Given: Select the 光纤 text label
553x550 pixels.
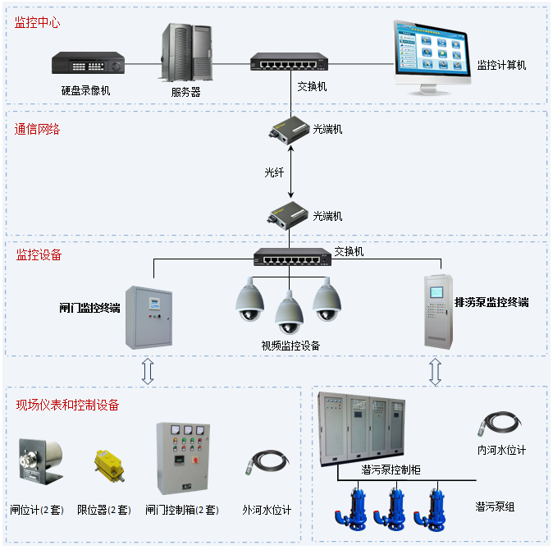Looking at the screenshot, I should coord(273,173).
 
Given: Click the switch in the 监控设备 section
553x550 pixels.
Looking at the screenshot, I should coord(291,257).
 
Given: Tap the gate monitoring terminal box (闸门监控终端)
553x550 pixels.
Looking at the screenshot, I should coord(149,317).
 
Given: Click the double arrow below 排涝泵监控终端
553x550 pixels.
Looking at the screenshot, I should coord(436,371).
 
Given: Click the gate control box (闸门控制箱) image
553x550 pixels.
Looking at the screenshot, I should coord(182,456).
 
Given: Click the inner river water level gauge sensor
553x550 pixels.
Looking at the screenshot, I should coord(498,424).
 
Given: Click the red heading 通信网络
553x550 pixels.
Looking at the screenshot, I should coord(38,129).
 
